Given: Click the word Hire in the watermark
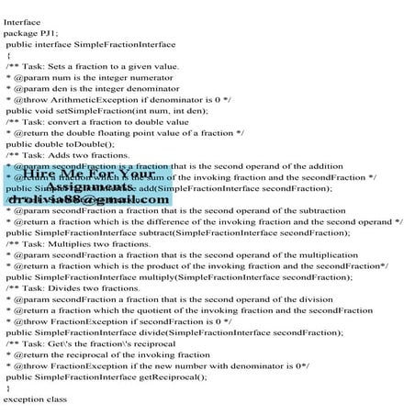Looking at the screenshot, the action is click(x=40, y=174).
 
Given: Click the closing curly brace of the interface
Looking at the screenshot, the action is click(x=8, y=387).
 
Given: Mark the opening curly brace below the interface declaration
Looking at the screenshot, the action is click(x=8, y=54).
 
